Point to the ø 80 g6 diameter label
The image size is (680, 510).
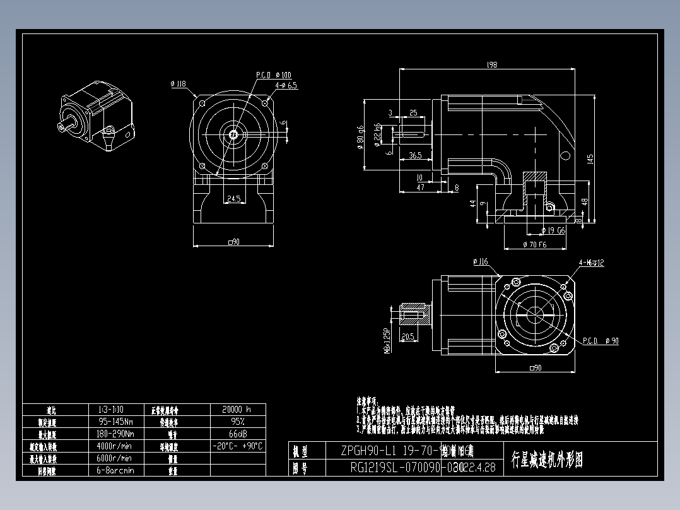360,136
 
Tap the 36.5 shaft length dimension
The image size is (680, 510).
414,155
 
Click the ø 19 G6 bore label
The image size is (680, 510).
553,231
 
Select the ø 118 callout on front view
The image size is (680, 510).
179,83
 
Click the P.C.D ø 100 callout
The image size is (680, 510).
273,75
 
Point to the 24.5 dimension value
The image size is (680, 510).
233,199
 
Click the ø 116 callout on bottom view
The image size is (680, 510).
481,261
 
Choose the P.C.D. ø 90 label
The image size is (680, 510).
599,341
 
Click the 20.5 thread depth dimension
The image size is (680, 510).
407,336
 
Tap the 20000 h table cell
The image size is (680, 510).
237,409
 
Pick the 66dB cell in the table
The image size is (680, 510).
237,434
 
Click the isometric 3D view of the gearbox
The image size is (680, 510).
97,117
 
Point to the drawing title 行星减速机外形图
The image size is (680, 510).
547,460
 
